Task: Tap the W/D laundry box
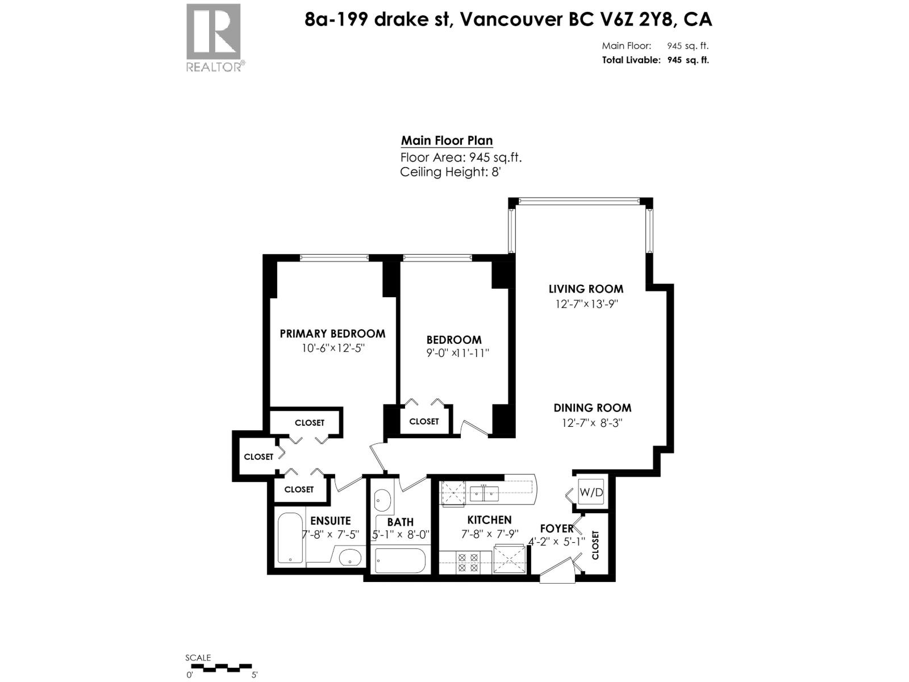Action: coord(591,492)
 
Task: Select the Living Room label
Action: coord(585,289)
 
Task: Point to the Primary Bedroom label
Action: coord(332,334)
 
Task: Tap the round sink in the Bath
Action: coord(382,501)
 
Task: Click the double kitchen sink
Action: coord(483,493)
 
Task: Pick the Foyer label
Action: coord(556,529)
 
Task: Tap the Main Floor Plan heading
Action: coord(447,140)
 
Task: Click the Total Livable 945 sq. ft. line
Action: coord(655,60)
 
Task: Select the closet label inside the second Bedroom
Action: coord(424,421)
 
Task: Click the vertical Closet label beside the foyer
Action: coord(595,544)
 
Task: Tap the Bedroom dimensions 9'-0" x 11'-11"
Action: coord(458,353)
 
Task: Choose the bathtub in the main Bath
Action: coord(400,561)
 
